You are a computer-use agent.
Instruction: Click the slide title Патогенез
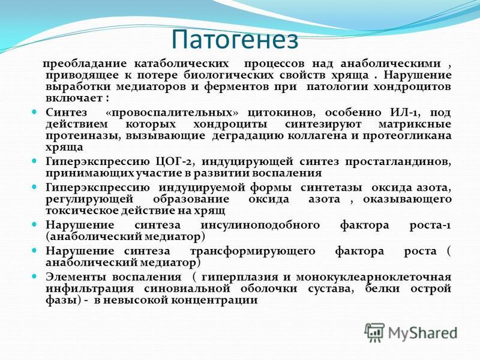point(235,39)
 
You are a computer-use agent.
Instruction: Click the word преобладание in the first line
point(85,64)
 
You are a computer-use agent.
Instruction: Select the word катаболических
point(182,64)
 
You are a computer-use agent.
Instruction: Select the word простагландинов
point(398,161)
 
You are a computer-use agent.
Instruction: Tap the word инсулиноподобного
point(260,226)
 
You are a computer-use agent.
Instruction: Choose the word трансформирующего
point(253,251)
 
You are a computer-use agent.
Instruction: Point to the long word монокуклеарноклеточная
point(374,277)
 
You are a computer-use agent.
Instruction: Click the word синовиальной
point(187,289)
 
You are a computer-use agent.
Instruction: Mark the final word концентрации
point(214,300)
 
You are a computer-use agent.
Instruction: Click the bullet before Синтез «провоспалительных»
point(35,112)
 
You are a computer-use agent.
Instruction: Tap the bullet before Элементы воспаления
point(35,276)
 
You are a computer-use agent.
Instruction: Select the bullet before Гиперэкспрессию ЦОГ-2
point(35,160)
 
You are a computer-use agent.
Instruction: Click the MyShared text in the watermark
point(423,333)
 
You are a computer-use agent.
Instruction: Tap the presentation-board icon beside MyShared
point(374,332)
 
